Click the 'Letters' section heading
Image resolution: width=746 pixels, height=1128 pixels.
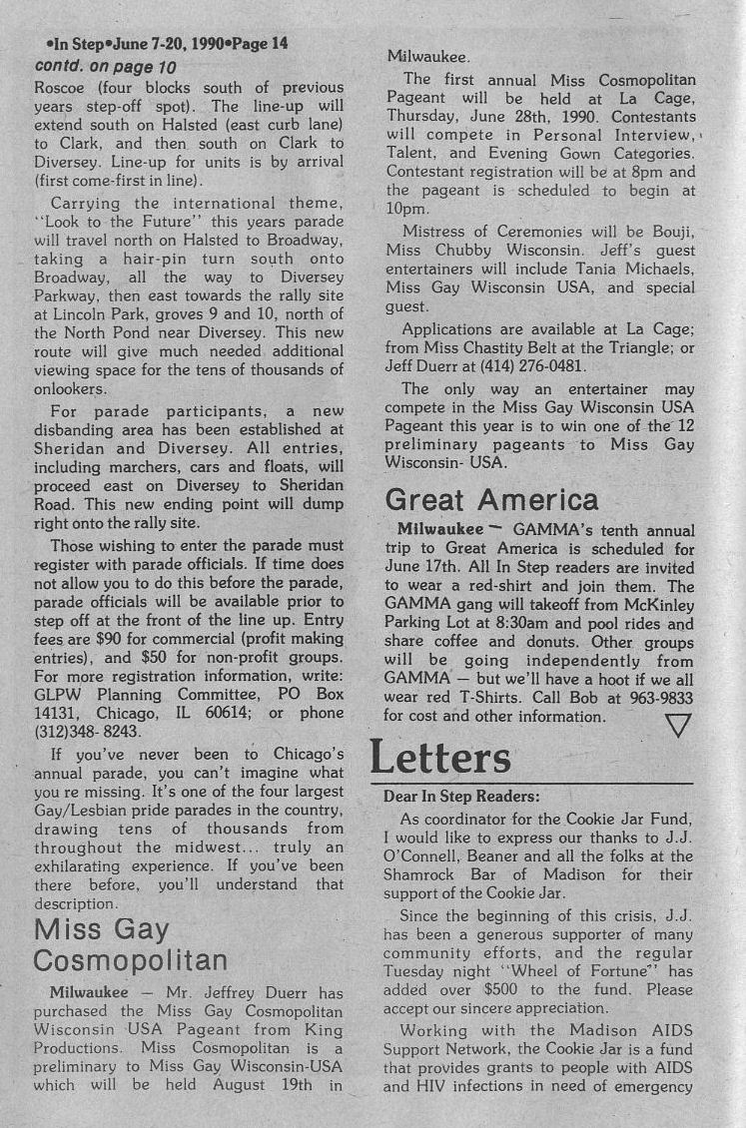coord(440,758)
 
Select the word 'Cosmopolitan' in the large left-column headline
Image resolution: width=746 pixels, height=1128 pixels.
coord(130,960)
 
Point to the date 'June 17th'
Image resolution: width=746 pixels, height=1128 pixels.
coord(421,566)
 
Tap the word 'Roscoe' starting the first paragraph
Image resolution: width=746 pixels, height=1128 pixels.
coord(62,88)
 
